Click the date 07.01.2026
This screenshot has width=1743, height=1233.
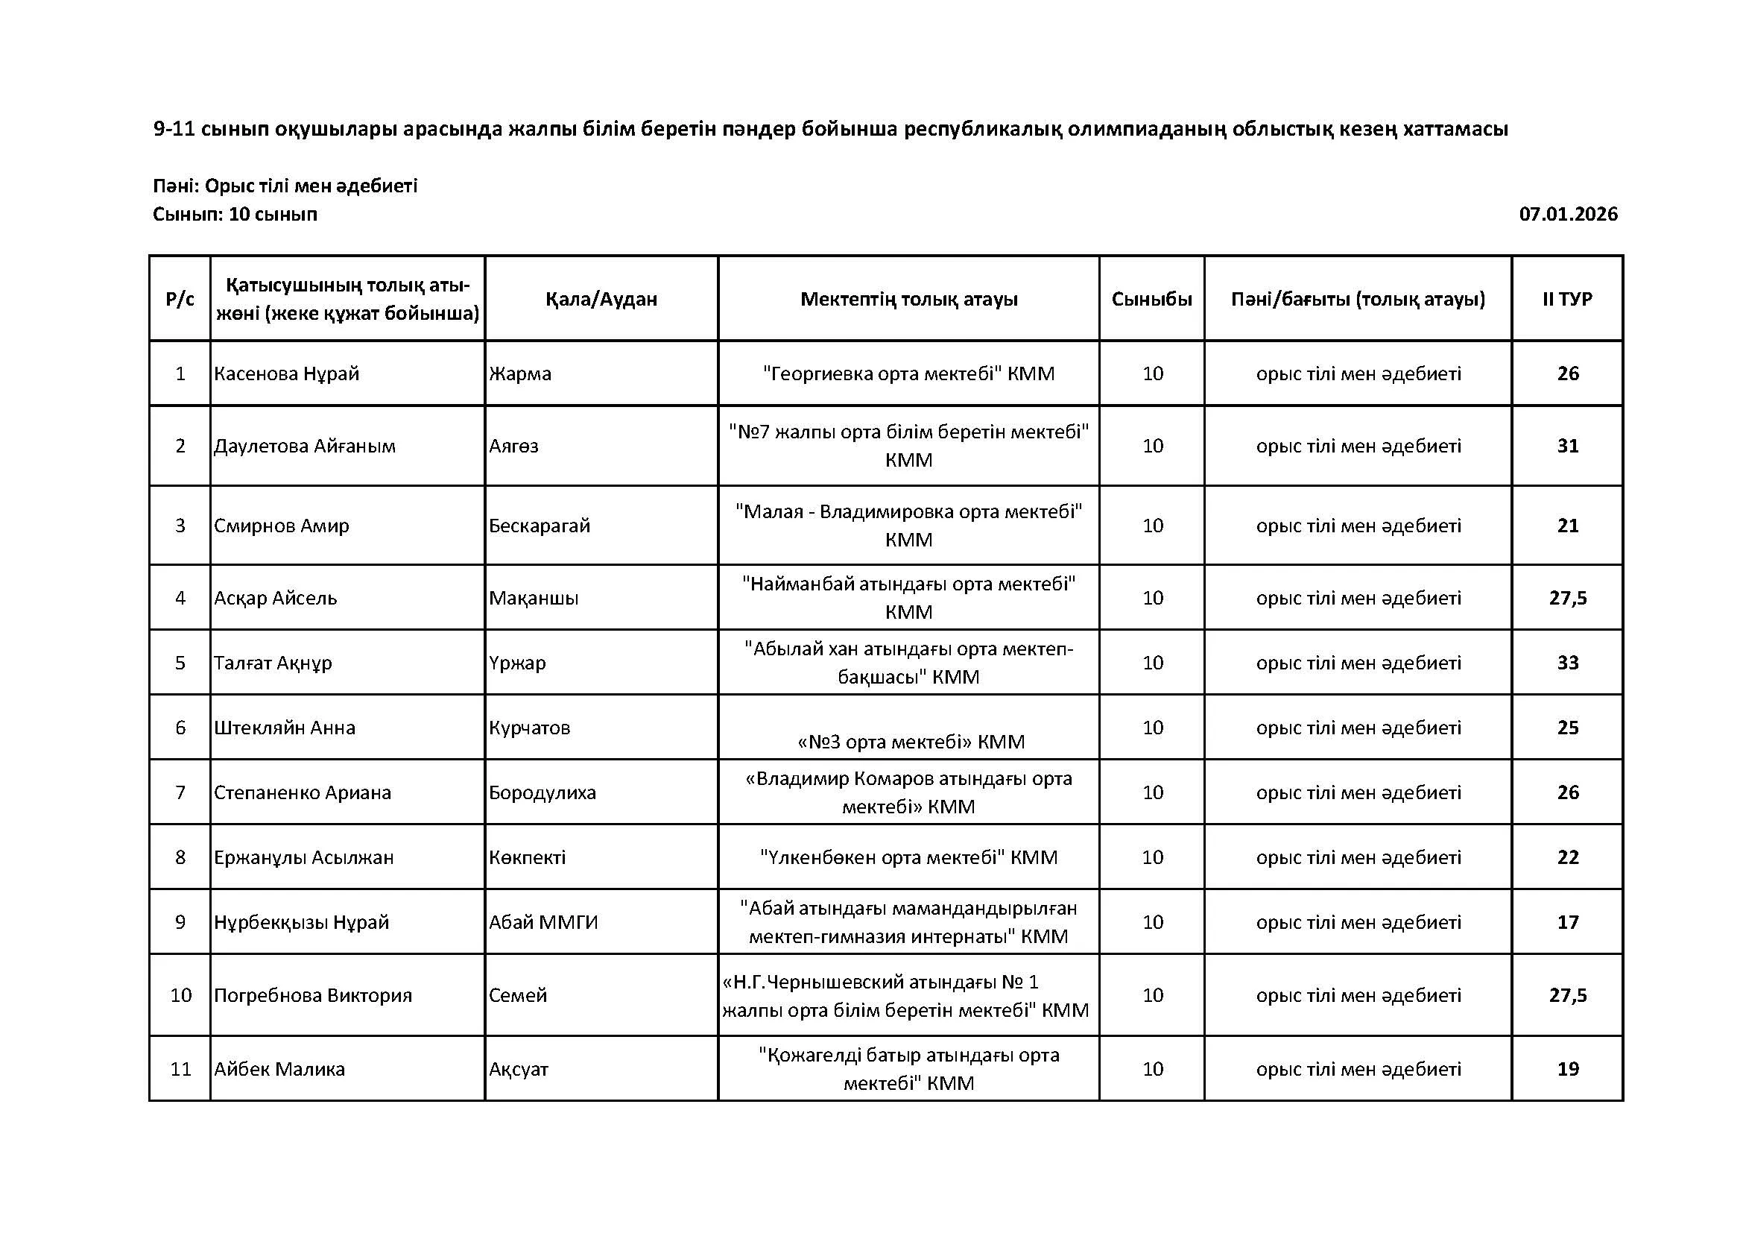pyautogui.click(x=1568, y=214)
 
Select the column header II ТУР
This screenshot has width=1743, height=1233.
pyautogui.click(x=1567, y=299)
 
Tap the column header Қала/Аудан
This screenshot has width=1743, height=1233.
pyautogui.click(x=601, y=299)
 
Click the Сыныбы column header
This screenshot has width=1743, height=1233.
pyautogui.click(x=1151, y=299)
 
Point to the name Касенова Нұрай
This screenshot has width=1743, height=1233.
pyautogui.click(x=286, y=373)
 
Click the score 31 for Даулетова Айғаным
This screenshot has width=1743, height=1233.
pyautogui.click(x=1568, y=446)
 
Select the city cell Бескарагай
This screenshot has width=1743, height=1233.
pyautogui.click(x=539, y=526)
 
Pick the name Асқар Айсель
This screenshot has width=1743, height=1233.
pyautogui.click(x=275, y=598)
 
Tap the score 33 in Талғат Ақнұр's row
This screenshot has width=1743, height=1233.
pyautogui.click(x=1568, y=663)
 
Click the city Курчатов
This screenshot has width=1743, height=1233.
pyautogui.click(x=529, y=728)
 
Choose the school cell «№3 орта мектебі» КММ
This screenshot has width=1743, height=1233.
pyautogui.click(x=910, y=741)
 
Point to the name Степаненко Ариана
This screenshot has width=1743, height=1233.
pyautogui.click(x=302, y=792)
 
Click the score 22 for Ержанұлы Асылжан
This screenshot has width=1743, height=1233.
pyautogui.click(x=1568, y=857)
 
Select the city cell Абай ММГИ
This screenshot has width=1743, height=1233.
pyautogui.click(x=542, y=921)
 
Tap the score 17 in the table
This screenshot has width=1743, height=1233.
pyautogui.click(x=1568, y=921)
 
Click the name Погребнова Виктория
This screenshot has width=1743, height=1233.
pyautogui.click(x=313, y=994)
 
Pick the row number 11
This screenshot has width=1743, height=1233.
pyautogui.click(x=180, y=1069)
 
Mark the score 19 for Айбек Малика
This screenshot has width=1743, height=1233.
pyautogui.click(x=1568, y=1069)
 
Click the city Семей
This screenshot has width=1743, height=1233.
pyautogui.click(x=518, y=994)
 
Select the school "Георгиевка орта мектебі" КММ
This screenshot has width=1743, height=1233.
pyautogui.click(x=908, y=373)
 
